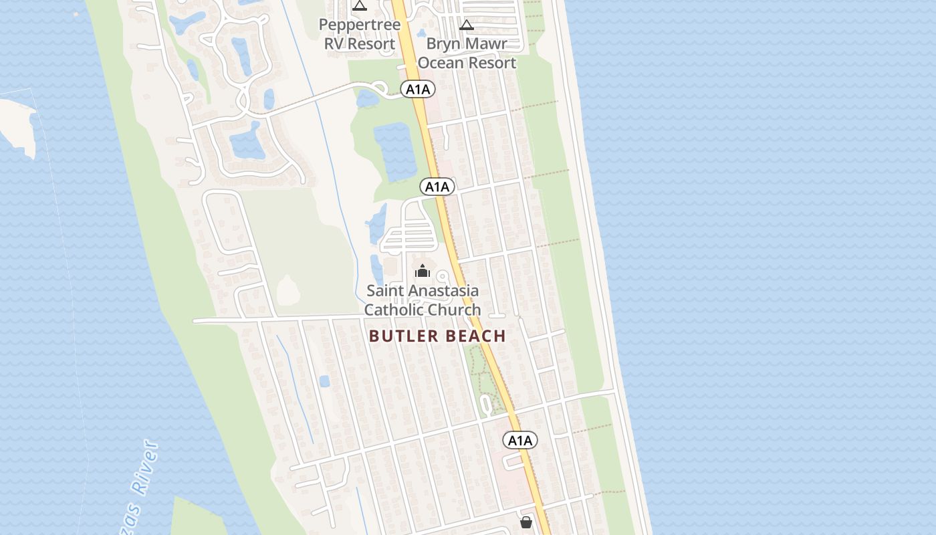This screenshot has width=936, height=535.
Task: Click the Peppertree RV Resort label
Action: tap(360, 34)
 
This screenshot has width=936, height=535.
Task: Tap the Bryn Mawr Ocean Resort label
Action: tap(467, 53)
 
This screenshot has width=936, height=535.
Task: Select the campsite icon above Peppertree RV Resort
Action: tap(360, 6)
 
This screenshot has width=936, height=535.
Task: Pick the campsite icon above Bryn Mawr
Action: tap(467, 25)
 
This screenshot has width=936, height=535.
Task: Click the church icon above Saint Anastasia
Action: tap(422, 271)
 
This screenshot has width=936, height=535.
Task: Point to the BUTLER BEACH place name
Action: tap(437, 336)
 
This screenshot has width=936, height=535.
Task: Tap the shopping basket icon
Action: tap(526, 522)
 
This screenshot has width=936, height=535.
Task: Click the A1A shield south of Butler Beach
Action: tap(519, 440)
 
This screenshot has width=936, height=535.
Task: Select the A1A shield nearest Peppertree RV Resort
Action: tap(418, 89)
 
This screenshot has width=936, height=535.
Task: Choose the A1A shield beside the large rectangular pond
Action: tap(437, 187)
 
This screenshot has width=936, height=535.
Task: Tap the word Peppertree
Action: tap(360, 25)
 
